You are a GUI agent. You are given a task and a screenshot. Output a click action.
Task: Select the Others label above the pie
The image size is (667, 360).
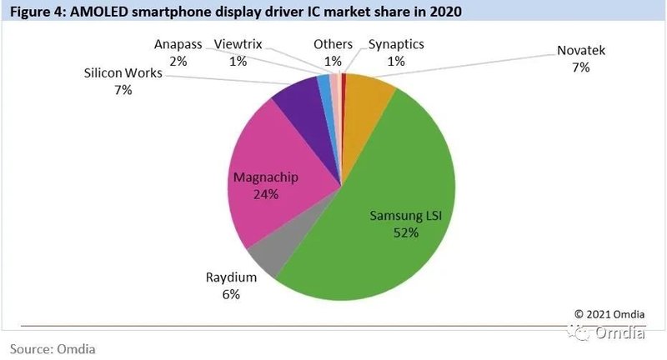(333, 43)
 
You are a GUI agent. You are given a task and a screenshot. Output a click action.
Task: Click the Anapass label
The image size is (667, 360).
(178, 43)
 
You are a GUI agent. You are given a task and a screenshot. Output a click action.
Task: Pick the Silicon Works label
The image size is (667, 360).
(123, 73)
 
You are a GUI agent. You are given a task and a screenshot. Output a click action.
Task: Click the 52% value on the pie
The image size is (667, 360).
(406, 233)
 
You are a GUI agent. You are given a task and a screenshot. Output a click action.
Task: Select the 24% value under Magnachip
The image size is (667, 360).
(265, 195)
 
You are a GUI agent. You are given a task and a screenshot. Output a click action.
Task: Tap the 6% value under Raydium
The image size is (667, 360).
(230, 294)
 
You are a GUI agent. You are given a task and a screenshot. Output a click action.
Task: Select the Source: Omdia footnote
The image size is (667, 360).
(53, 348)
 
